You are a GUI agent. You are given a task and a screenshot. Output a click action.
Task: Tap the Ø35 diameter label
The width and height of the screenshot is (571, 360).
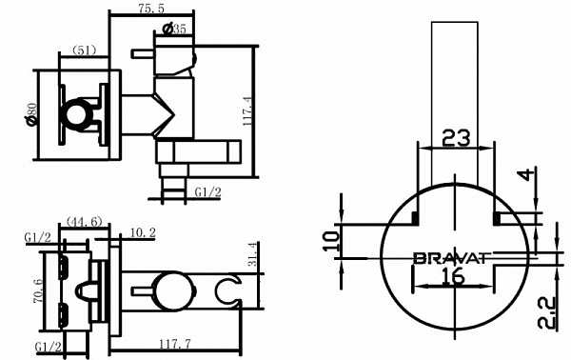pyautogui.click(x=174, y=29)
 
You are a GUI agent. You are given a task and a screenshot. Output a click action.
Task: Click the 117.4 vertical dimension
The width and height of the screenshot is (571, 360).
pyautogui.click(x=269, y=111)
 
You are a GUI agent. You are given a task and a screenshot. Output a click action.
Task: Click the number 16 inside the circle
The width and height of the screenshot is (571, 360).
pyautogui.click(x=453, y=277)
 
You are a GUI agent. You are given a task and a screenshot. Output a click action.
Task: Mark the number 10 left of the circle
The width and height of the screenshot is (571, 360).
pyautogui.click(x=329, y=239)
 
